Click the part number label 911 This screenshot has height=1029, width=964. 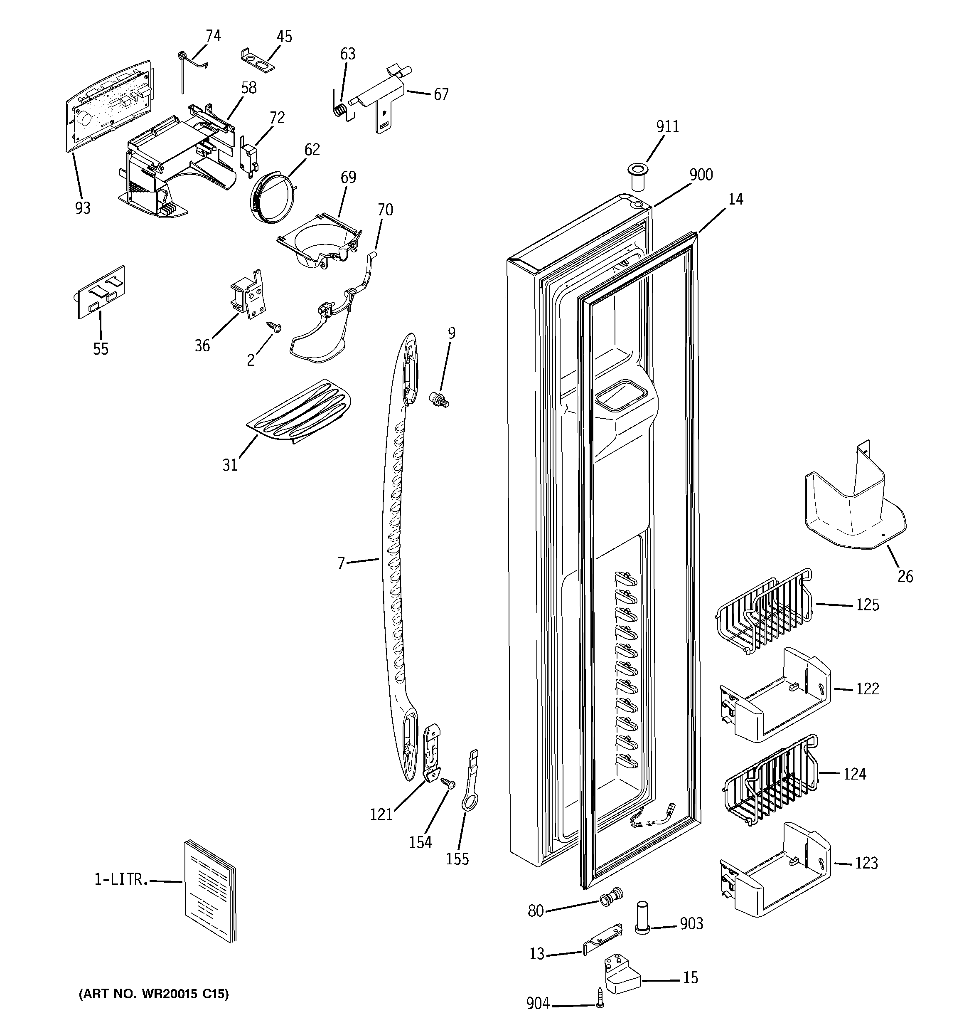tap(667, 126)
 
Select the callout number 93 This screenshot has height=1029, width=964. tap(83, 208)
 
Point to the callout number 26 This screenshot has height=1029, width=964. tap(905, 576)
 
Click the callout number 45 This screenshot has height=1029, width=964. tap(284, 37)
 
